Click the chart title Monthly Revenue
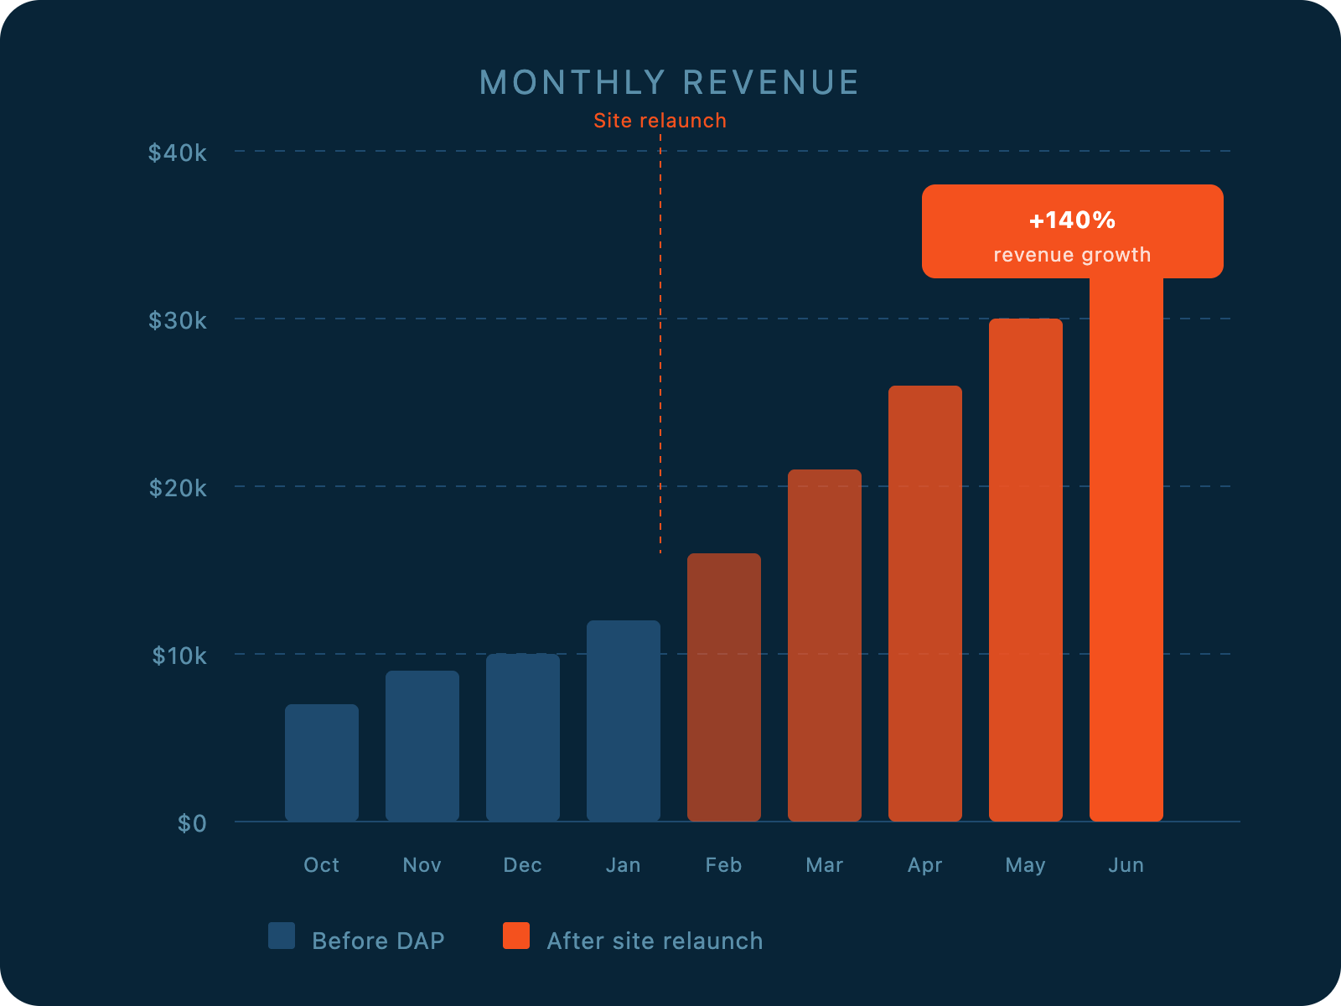669,83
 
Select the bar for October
322,763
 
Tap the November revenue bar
422,746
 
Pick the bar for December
523,738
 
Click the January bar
624,721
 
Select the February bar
724,687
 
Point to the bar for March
825,646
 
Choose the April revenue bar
925,604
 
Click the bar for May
1026,570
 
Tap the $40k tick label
177,153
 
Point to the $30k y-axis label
177,320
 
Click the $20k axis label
177,488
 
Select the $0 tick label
192,823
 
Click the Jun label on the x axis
1126,865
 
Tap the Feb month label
723,865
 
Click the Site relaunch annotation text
660,121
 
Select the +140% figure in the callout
1072,220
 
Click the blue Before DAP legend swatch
282,936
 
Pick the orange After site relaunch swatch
516,936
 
